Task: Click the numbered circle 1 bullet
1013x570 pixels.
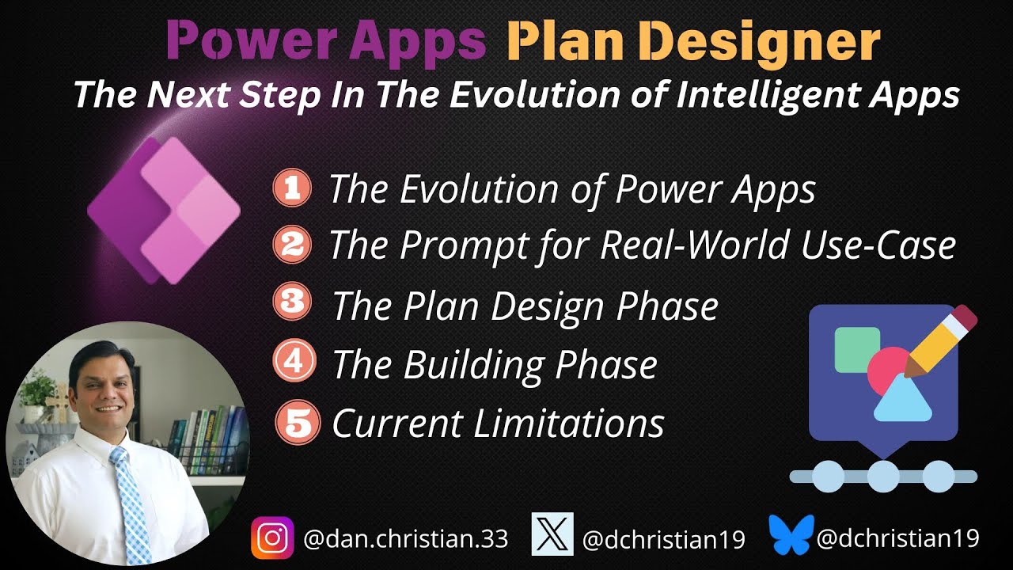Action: tap(292, 190)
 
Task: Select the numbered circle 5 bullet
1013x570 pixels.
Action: tap(297, 423)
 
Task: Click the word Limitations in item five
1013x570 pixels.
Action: tap(568, 423)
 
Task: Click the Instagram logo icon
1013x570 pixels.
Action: tap(272, 538)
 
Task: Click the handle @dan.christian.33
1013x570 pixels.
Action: tap(405, 540)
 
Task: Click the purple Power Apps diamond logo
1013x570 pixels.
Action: tap(163, 211)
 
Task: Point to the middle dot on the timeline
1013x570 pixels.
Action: tap(883, 476)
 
